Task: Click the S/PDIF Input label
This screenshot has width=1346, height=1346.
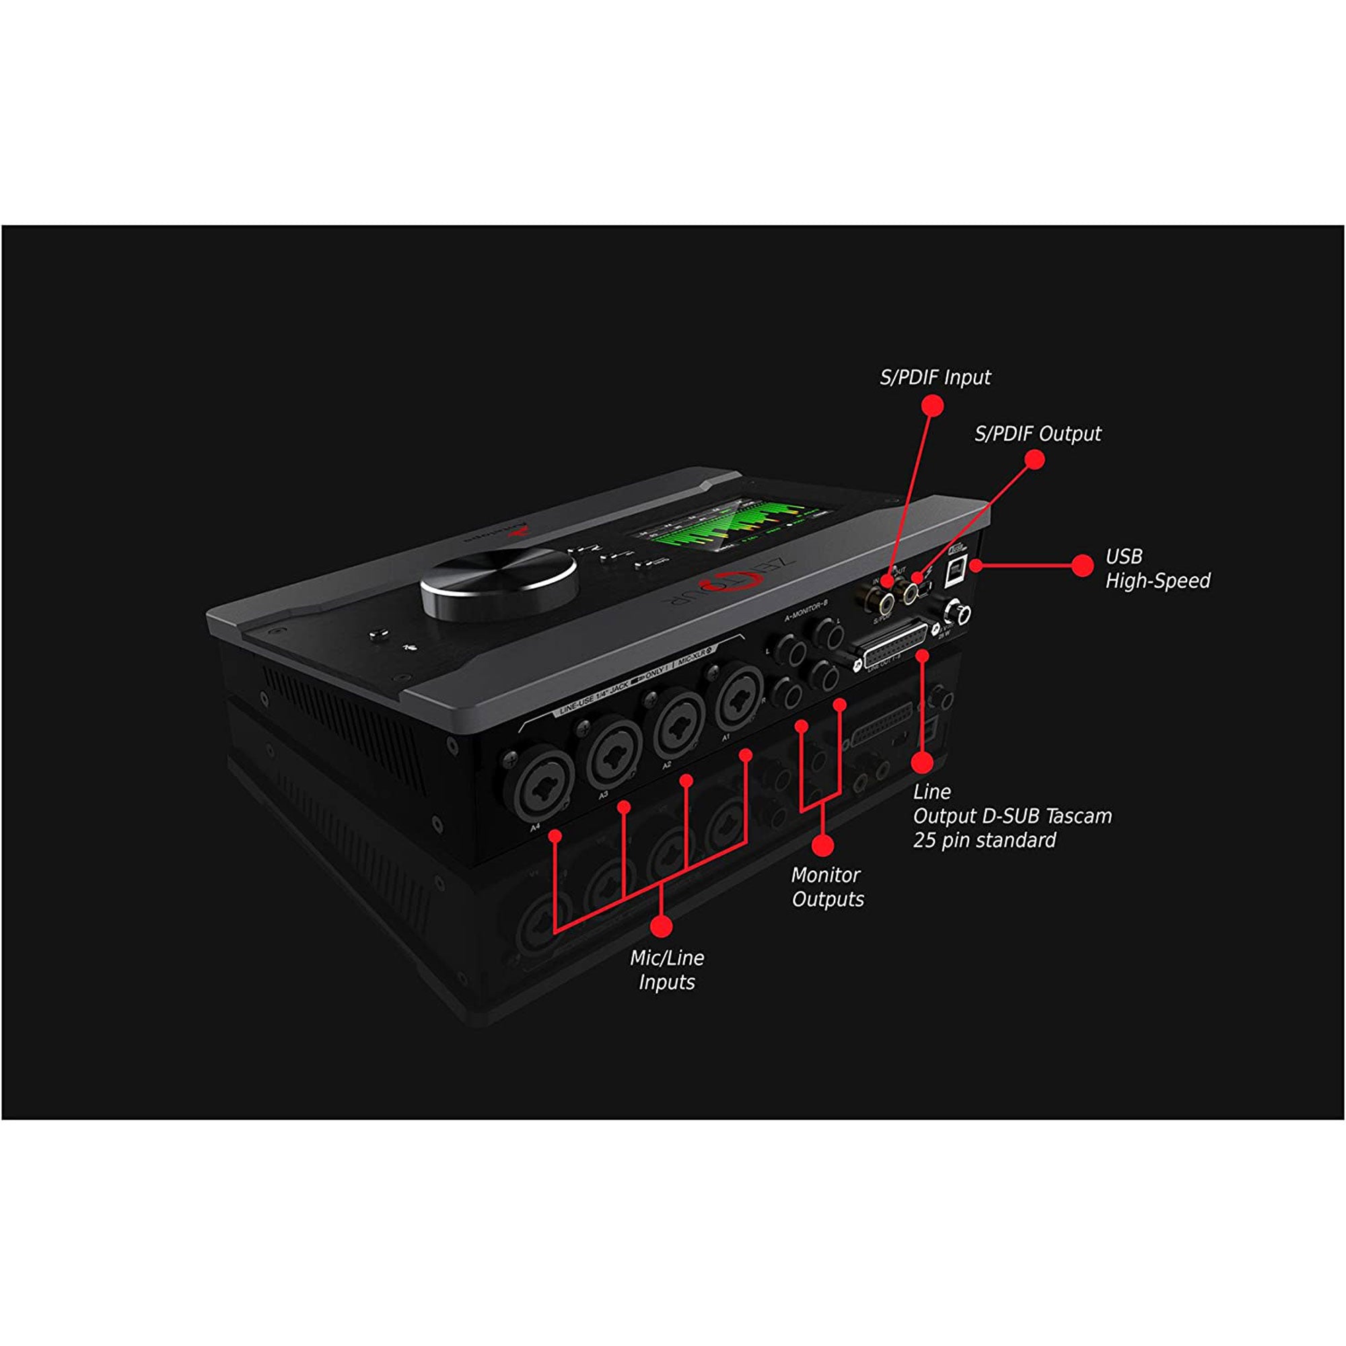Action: [935, 378]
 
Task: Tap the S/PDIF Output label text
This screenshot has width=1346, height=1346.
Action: [1037, 434]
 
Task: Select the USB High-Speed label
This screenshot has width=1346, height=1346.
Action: [1157, 569]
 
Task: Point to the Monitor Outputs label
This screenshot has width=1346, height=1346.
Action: [827, 887]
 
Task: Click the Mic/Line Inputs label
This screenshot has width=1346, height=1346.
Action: [667, 970]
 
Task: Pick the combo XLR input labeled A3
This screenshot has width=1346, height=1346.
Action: [614, 754]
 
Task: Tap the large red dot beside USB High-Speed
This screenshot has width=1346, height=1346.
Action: [1082, 566]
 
